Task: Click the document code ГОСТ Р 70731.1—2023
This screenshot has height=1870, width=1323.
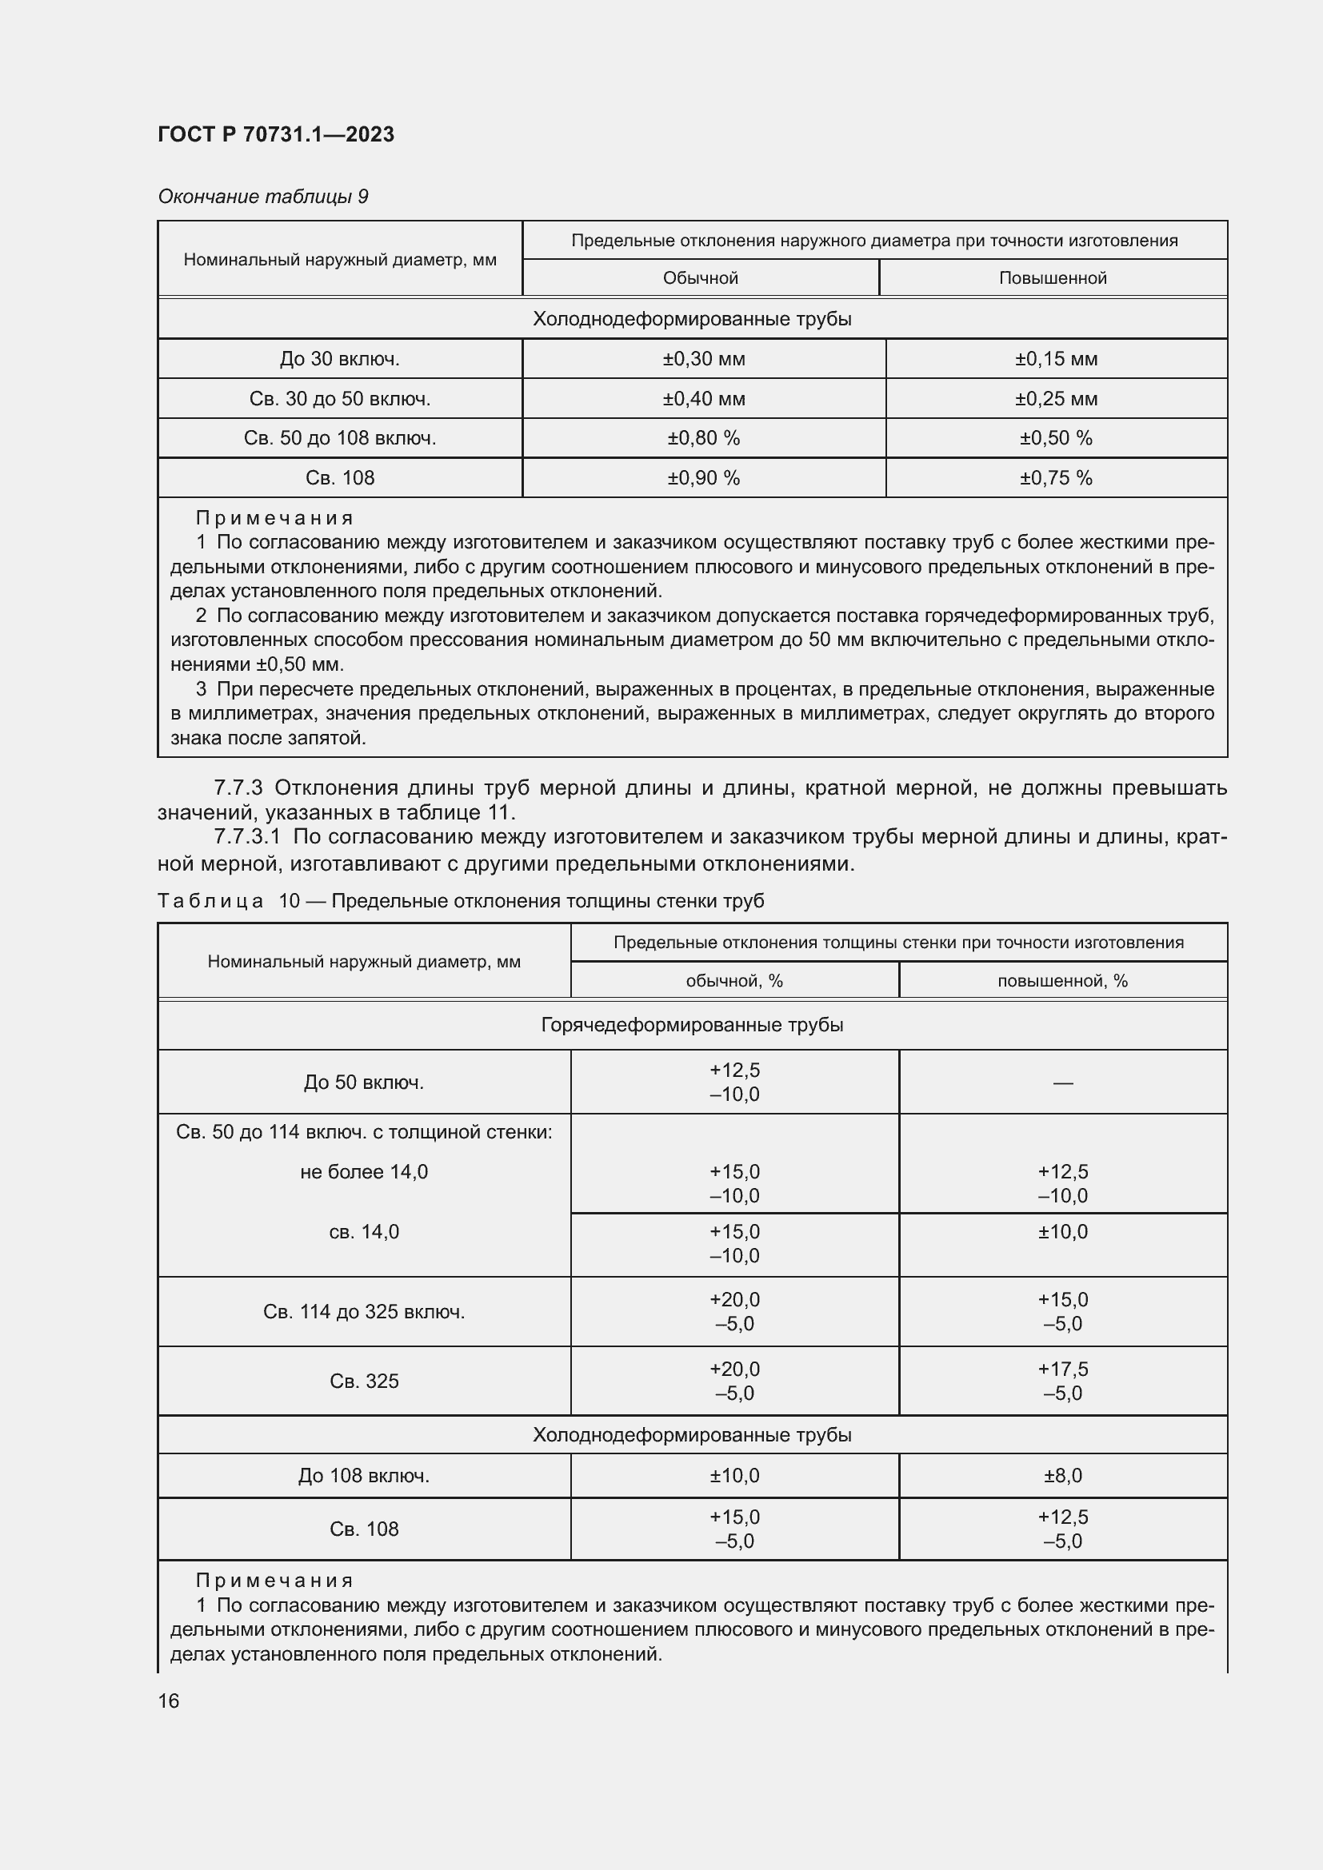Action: pyautogui.click(x=275, y=134)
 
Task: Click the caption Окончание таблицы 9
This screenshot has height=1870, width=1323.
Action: pyautogui.click(x=262, y=197)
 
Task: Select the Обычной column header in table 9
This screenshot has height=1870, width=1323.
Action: pyautogui.click(x=700, y=277)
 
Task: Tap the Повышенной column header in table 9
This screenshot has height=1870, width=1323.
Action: pyautogui.click(x=1053, y=277)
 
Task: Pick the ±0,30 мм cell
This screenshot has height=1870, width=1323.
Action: pyautogui.click(x=703, y=358)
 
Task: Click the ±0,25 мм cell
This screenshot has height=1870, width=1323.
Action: pyautogui.click(x=1056, y=398)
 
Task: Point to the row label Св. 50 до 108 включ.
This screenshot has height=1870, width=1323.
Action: pyautogui.click(x=340, y=438)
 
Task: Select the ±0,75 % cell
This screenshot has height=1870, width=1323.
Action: pyautogui.click(x=1056, y=478)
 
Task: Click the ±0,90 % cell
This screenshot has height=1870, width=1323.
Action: pyautogui.click(x=703, y=478)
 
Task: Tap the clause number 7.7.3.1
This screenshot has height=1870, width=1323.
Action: pyautogui.click(x=246, y=837)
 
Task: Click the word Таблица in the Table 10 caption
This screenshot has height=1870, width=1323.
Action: pyautogui.click(x=210, y=901)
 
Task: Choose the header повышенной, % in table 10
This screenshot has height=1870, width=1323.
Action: pyautogui.click(x=1062, y=981)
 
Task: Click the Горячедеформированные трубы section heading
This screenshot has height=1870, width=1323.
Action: pyautogui.click(x=692, y=1025)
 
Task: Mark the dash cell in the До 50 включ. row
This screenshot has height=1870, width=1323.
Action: pyautogui.click(x=1062, y=1083)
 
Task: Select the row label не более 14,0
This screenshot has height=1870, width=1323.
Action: pyautogui.click(x=363, y=1172)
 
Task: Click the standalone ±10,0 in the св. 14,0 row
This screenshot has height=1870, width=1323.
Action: pyautogui.click(x=1062, y=1231)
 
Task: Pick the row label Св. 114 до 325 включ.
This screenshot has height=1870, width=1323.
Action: pyautogui.click(x=363, y=1311)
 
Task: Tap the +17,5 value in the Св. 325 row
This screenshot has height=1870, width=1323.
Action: pyautogui.click(x=1062, y=1369)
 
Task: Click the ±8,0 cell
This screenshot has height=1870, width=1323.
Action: pyautogui.click(x=1062, y=1476)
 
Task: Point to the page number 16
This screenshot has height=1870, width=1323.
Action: pyautogui.click(x=169, y=1701)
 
